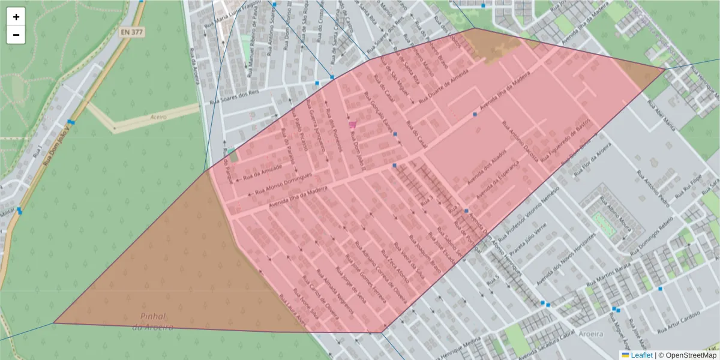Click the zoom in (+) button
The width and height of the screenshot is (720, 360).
pos(16,17)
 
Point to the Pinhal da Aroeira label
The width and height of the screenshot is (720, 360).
pos(152,322)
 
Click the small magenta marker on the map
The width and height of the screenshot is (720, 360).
pos(352,125)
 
